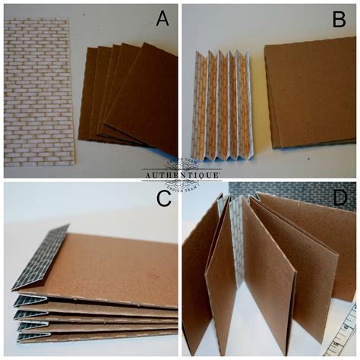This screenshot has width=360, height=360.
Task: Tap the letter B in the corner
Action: [339, 19]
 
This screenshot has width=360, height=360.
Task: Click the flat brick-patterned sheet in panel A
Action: [38, 91]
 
